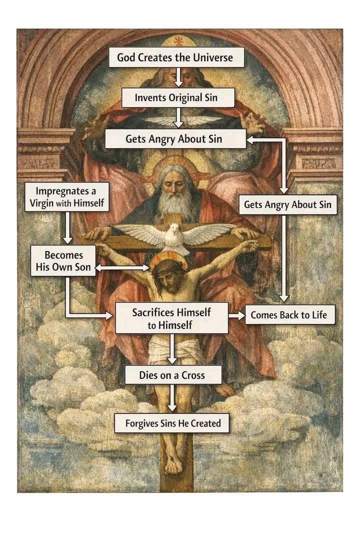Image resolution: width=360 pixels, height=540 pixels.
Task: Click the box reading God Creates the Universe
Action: coord(176,57)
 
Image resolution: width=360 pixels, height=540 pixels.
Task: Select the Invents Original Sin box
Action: coord(178,97)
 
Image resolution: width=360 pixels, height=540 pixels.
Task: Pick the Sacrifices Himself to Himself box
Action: coord(171,318)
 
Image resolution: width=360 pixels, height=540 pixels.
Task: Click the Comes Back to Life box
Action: coord(289,315)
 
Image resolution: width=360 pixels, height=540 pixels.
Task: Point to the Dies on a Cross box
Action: coord(172,374)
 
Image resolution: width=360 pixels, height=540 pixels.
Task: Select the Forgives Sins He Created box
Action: coord(173,423)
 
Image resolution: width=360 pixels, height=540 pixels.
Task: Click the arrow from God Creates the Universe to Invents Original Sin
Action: coord(178,77)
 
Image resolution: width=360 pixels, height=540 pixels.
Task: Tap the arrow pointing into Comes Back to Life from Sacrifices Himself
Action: coord(236,315)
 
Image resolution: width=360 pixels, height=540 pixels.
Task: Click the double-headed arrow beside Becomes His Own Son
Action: coord(122,268)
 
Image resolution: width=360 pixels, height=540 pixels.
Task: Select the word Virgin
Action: coord(44,203)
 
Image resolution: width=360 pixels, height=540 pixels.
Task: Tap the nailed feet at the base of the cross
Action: coord(173,464)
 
